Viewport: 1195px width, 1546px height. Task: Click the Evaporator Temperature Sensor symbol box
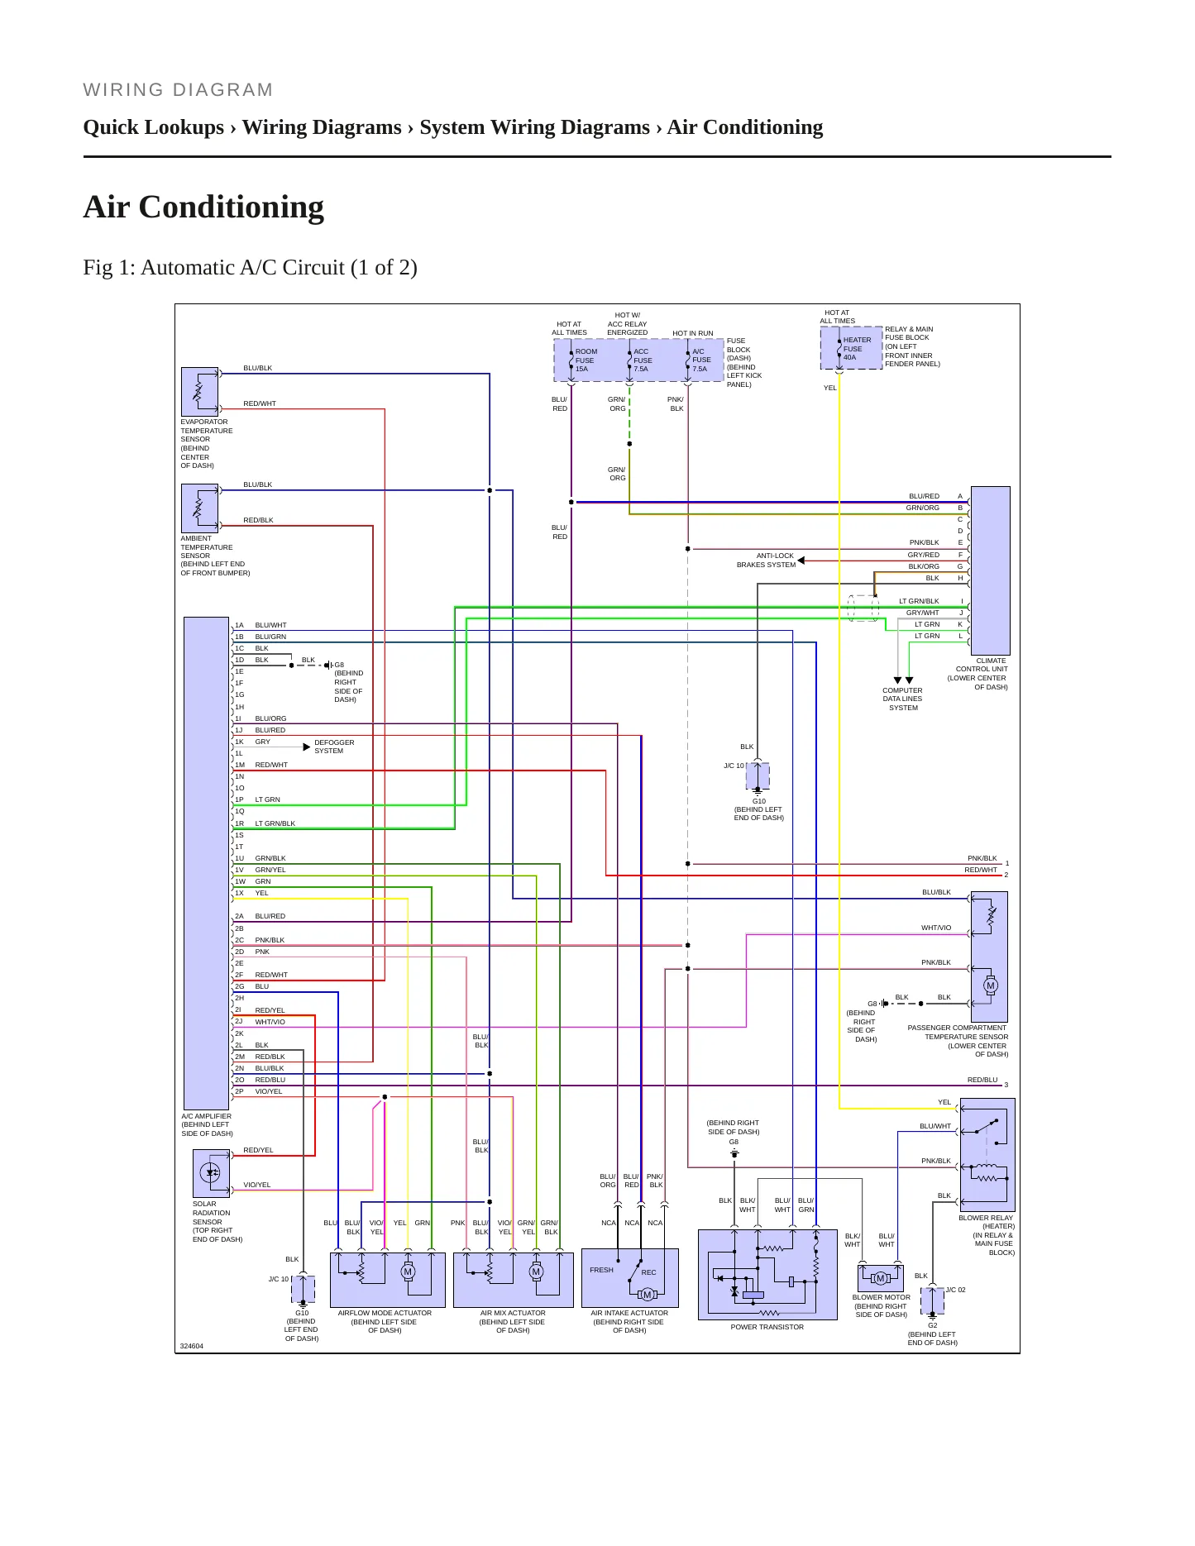pyautogui.click(x=199, y=392)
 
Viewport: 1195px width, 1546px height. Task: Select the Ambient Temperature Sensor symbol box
pyautogui.click(x=199, y=508)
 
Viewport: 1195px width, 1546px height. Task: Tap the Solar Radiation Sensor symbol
pyautogui.click(x=211, y=1173)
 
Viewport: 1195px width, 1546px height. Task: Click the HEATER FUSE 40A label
pyautogui.click(x=857, y=349)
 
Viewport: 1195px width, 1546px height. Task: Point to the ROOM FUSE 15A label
pyautogui.click(x=586, y=360)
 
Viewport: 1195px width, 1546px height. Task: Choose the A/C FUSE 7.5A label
pyautogui.click(x=701, y=360)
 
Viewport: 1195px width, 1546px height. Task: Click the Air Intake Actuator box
pyautogui.click(x=630, y=1278)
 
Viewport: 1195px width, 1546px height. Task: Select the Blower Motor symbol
pyautogui.click(x=880, y=1278)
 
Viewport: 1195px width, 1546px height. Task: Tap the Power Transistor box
pyautogui.click(x=767, y=1275)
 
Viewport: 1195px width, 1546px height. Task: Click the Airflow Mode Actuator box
pyautogui.click(x=387, y=1280)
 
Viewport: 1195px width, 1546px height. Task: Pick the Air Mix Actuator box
pyautogui.click(x=513, y=1280)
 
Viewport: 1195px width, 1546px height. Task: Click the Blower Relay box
pyautogui.click(x=987, y=1155)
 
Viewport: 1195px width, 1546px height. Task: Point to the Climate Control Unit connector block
pyautogui.click(x=990, y=570)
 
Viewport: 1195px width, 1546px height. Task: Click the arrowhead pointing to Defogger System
pyautogui.click(x=307, y=747)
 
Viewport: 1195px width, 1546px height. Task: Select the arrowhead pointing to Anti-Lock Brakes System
pyautogui.click(x=801, y=561)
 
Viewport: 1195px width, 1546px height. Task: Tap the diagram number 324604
pyautogui.click(x=191, y=1346)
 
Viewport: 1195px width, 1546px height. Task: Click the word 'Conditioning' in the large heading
pyautogui.click(x=232, y=207)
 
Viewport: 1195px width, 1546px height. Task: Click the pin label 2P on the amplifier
pyautogui.click(x=239, y=1091)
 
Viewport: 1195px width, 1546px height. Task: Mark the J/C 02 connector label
pyautogui.click(x=955, y=1290)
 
